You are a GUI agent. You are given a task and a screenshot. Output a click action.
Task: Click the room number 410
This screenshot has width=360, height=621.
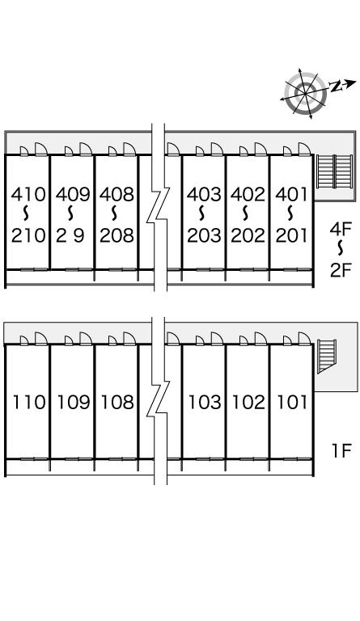point(28,194)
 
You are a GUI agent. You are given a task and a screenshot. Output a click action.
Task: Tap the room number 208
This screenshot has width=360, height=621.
point(116,235)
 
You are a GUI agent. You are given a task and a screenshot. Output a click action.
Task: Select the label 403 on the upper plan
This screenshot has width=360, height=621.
point(204,194)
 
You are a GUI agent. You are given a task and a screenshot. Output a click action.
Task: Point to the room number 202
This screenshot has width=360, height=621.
point(248,235)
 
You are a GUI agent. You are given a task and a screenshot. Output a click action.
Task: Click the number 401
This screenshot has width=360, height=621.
point(292,194)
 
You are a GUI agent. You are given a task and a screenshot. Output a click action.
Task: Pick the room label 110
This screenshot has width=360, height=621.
point(29,402)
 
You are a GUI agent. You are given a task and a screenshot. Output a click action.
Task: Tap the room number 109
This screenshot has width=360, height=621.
point(74,402)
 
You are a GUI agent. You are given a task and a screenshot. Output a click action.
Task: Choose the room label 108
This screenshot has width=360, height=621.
point(117,402)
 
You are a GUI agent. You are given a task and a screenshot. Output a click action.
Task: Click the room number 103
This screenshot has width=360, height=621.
point(205,402)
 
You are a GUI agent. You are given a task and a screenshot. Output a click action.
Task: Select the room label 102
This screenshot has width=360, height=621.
point(248,402)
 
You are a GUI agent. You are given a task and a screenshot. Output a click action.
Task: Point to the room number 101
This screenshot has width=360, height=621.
point(292,402)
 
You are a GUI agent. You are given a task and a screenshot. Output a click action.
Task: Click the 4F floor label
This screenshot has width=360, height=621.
point(341,229)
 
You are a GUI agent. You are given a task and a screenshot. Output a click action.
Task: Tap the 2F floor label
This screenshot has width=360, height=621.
point(341,270)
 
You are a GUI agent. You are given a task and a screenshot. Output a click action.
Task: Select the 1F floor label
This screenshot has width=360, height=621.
point(341,450)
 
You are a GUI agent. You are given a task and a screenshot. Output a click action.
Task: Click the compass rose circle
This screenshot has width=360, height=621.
point(305,94)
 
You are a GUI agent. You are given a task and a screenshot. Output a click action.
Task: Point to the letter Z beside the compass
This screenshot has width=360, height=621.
point(336,87)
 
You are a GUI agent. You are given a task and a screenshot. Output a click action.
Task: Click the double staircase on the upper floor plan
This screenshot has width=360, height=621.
point(335,171)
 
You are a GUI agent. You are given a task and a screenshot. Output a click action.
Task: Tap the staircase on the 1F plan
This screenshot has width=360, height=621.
point(326,356)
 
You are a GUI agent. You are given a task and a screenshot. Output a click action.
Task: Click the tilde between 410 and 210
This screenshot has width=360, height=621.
point(27,213)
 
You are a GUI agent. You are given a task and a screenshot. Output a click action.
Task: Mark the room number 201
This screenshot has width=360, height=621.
point(292,235)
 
